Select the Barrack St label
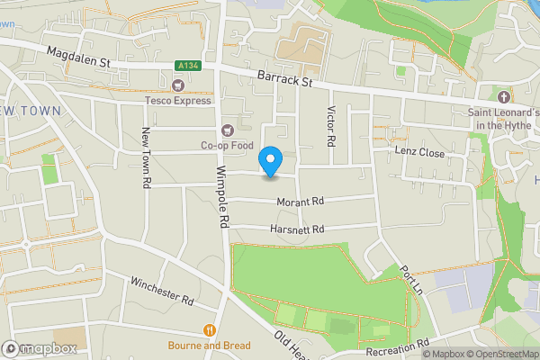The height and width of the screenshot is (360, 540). tap(282, 81)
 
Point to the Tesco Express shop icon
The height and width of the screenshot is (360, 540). tap(178, 85)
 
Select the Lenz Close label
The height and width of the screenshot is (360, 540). tap(419, 153)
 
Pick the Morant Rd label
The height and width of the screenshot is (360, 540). tap(299, 202)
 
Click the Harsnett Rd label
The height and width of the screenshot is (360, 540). tap(296, 230)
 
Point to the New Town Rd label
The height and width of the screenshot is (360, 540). tap(145, 157)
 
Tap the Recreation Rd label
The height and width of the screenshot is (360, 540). tap(398, 348)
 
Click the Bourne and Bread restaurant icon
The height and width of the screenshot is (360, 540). tap(209, 330)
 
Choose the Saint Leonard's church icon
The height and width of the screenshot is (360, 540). tap(502, 96)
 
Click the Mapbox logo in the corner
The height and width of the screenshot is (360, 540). tap(40, 348)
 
